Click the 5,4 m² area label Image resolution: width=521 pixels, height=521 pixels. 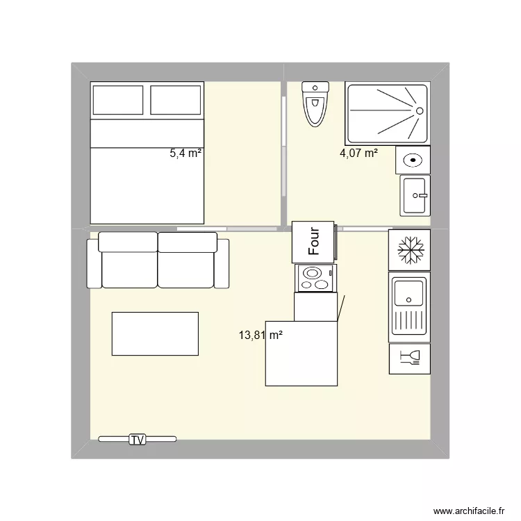(x=185, y=154)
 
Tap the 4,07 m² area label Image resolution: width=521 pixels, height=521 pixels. (x=358, y=153)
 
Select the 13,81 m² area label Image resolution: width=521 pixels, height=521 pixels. (x=260, y=335)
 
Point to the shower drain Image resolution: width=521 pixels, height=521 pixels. (x=419, y=110)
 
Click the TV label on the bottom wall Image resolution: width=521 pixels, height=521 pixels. (x=137, y=439)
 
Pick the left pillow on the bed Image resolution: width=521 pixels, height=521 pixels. (x=118, y=100)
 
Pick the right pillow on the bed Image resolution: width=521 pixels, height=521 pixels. (x=175, y=100)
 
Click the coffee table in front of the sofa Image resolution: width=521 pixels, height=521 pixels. (x=155, y=334)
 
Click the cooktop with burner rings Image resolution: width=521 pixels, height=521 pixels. (x=315, y=279)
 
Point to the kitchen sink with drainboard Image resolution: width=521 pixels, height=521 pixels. (x=409, y=305)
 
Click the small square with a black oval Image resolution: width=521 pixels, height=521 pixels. (x=413, y=160)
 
